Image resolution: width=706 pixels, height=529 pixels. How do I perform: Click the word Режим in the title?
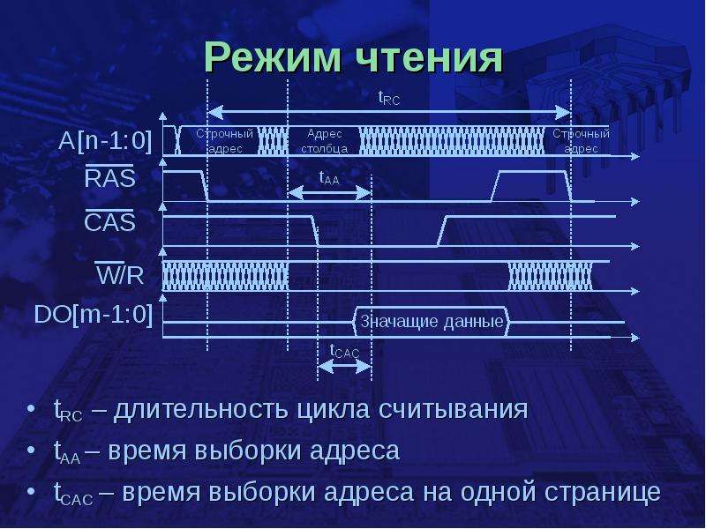(273, 57)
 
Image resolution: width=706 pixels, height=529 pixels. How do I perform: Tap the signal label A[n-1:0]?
(105, 141)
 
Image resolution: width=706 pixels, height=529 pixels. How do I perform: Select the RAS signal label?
(109, 177)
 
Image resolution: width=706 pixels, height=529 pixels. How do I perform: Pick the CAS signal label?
(109, 221)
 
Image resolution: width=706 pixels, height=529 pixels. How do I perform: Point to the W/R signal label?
(120, 273)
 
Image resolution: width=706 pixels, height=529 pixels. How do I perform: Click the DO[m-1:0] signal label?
(94, 314)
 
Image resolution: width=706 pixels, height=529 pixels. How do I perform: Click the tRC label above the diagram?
(388, 98)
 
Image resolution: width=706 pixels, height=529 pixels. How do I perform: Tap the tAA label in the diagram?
(328, 178)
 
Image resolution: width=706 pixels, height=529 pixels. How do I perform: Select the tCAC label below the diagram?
(344, 351)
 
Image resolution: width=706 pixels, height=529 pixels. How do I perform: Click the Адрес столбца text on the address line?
(324, 141)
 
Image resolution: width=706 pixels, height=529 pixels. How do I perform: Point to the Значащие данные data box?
(432, 321)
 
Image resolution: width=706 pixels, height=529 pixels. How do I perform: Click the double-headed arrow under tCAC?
(344, 367)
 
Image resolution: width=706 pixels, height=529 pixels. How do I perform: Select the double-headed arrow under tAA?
(329, 193)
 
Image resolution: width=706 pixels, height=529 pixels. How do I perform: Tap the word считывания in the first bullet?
(453, 409)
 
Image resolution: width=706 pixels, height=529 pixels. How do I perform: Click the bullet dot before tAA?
(31, 450)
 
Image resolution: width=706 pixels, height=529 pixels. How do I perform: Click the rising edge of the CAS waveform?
(442, 232)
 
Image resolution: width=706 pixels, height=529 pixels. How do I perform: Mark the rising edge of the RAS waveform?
(496, 187)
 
